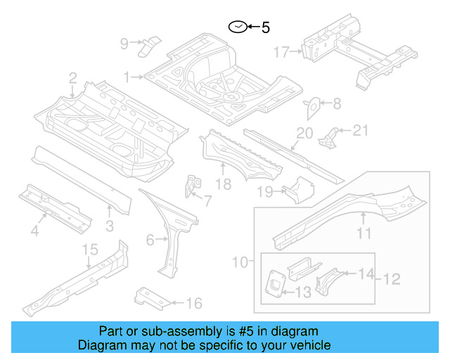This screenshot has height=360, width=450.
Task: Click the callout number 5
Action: point(266,28)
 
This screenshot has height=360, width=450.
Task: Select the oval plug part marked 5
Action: point(237,27)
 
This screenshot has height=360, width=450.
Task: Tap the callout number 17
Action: point(281,51)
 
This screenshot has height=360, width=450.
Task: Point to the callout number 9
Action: point(124,44)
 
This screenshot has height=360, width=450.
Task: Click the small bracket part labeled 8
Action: point(311,107)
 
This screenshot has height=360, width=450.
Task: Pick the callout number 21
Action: point(360,129)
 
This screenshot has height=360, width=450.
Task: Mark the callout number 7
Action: point(207,202)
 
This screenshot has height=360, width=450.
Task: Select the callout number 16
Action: point(194,303)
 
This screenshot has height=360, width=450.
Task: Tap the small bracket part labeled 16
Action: point(150,297)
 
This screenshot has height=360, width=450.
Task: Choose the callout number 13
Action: point(304,292)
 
